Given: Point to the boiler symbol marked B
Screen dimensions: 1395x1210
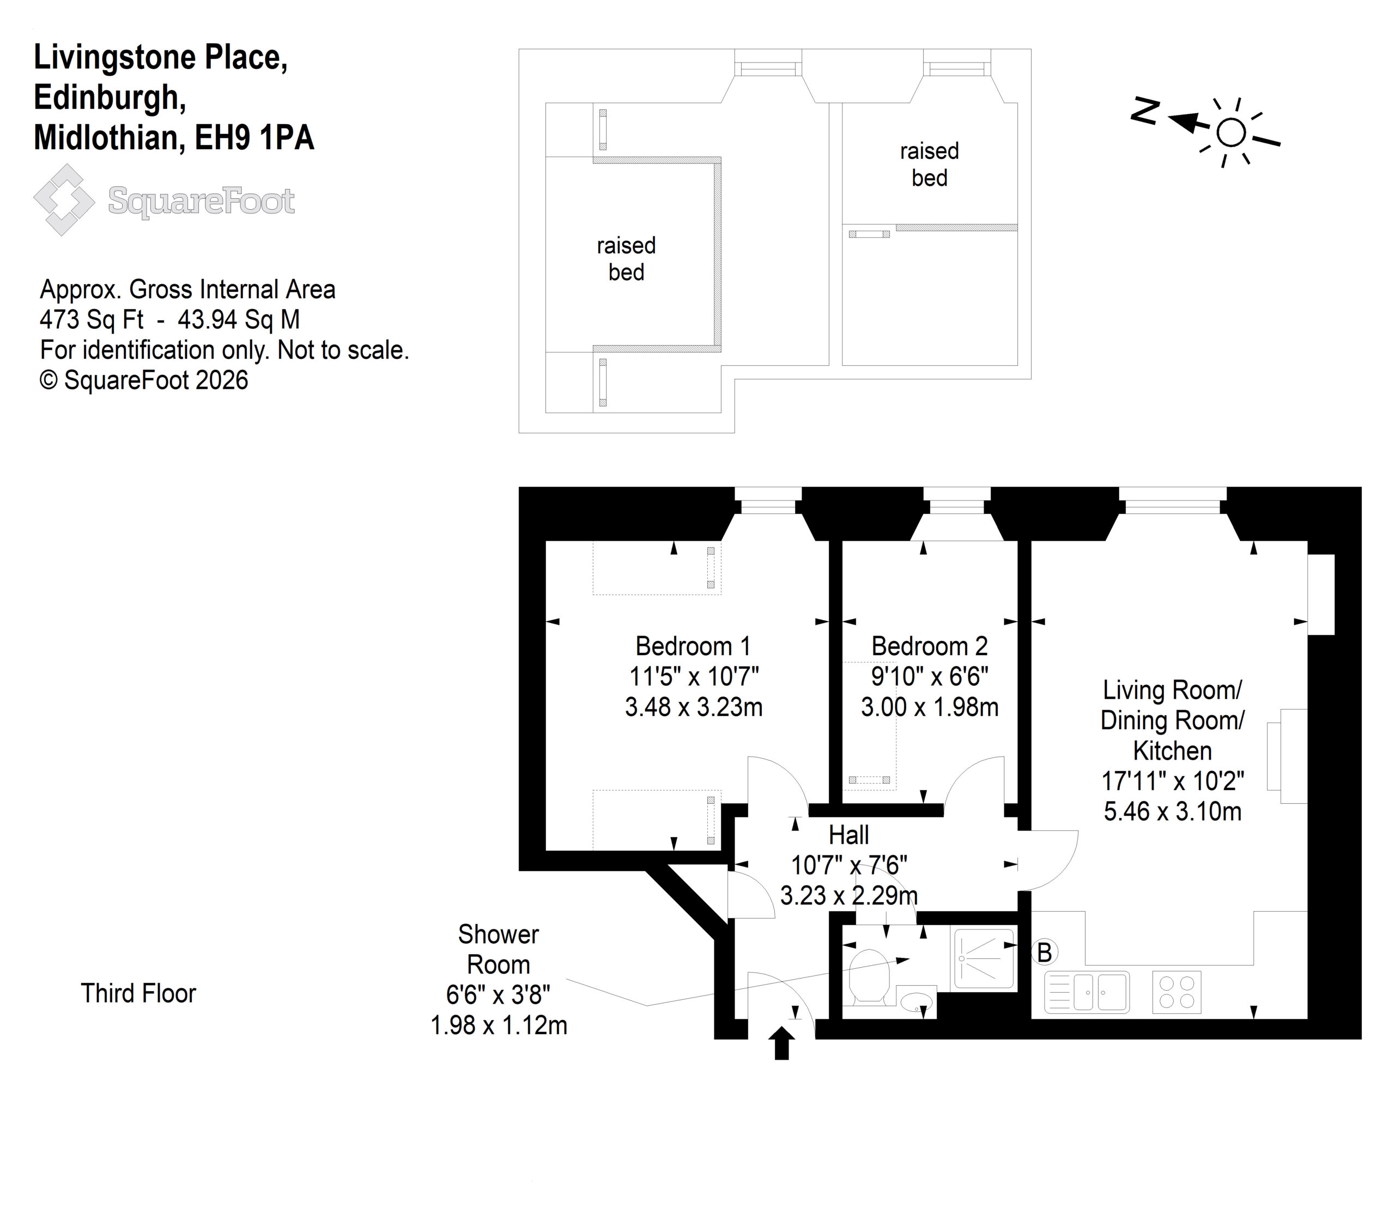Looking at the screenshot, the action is click(x=1045, y=953).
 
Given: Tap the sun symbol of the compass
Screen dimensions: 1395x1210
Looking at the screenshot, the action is click(x=1231, y=133).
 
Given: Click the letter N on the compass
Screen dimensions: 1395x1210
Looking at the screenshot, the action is click(x=1146, y=112).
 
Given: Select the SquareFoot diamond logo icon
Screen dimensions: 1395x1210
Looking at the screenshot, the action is click(x=64, y=200).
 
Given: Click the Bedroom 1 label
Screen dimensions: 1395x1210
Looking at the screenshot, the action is click(x=693, y=646).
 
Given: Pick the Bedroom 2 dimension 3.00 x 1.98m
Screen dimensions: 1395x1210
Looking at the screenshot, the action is click(x=930, y=707).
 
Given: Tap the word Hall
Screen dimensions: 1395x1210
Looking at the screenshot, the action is click(x=848, y=835).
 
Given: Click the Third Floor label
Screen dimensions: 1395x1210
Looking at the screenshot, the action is click(x=138, y=993).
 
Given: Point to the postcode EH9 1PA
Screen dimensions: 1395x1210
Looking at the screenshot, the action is click(x=254, y=138).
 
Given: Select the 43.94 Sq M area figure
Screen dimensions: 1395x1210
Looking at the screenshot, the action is click(x=239, y=319).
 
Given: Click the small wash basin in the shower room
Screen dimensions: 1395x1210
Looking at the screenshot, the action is click(x=918, y=1001).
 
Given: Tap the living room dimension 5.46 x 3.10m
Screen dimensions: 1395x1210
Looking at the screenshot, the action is click(x=1173, y=811).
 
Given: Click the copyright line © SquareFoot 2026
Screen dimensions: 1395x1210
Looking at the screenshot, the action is click(x=144, y=380).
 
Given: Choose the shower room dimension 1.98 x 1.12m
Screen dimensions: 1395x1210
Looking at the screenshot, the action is click(x=499, y=1025).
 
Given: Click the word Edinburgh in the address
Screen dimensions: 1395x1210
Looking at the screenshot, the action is click(x=110, y=98).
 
